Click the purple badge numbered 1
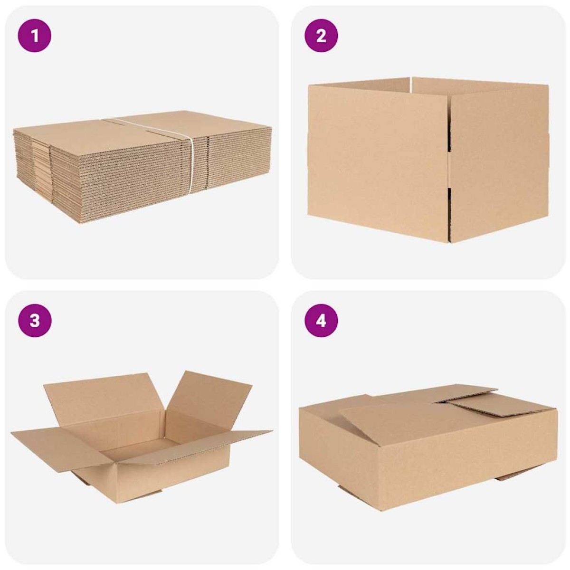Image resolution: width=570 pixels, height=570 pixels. [x=35, y=36]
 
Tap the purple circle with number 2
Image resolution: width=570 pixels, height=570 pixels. [x=321, y=36]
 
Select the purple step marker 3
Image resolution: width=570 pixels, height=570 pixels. [x=35, y=321]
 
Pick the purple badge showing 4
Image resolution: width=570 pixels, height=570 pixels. [x=321, y=321]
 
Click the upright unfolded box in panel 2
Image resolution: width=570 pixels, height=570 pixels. [x=428, y=160]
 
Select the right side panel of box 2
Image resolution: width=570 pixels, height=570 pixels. [x=499, y=163]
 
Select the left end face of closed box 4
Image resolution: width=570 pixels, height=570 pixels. [x=340, y=446]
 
